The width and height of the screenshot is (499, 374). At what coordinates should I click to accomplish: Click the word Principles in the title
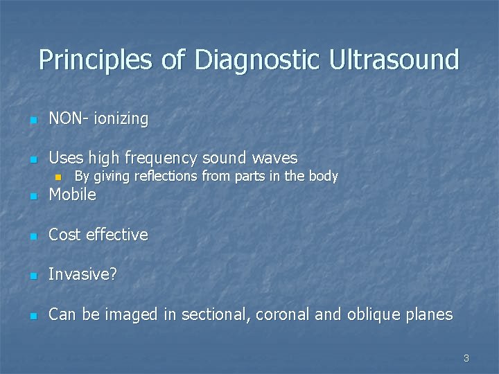tap(95, 60)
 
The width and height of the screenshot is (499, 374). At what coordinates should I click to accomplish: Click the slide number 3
tap(466, 358)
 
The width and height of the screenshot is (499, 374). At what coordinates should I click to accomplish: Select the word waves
tap(275, 159)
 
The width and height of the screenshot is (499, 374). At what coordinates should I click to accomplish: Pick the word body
tap(323, 177)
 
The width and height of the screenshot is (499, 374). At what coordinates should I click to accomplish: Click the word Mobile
tap(72, 195)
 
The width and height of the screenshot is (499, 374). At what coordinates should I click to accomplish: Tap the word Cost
tap(65, 235)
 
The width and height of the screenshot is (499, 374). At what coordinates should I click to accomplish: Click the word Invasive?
tap(82, 275)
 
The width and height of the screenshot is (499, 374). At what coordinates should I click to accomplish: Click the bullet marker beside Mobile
tap(31, 197)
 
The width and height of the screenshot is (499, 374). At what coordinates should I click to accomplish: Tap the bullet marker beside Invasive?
tap(31, 276)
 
